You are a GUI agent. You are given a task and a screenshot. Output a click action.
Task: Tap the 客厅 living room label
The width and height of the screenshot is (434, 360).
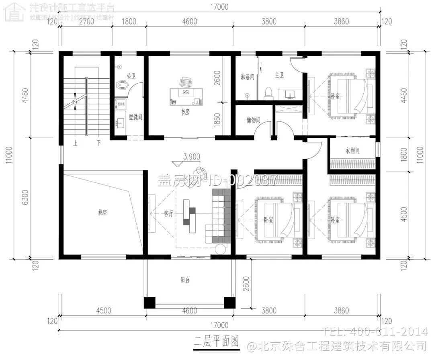(x=169, y=214)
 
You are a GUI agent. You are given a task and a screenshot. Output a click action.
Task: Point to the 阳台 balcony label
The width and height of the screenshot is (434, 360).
(x=185, y=280)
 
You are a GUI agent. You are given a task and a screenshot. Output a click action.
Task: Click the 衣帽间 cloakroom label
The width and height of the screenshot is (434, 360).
(x=352, y=151)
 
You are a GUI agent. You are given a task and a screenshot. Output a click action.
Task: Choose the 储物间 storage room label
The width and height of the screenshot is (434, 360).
(x=254, y=120)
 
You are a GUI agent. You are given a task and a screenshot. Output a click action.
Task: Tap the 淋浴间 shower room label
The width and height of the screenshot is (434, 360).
(x=247, y=76)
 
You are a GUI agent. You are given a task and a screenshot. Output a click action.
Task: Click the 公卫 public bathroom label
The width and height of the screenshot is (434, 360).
(x=131, y=76)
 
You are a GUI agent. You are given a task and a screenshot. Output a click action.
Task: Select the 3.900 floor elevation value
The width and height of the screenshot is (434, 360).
(x=192, y=156)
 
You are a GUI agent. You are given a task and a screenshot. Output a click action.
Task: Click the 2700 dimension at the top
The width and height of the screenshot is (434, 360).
(x=86, y=22)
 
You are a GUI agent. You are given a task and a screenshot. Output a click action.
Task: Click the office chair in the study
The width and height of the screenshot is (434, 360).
(x=185, y=82)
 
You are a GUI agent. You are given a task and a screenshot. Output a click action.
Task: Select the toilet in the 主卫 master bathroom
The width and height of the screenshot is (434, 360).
(x=268, y=93)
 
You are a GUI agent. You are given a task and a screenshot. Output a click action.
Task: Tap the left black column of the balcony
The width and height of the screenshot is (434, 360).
(x=149, y=302)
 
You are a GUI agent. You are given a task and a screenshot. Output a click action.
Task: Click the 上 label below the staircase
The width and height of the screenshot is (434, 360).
(x=75, y=143)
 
